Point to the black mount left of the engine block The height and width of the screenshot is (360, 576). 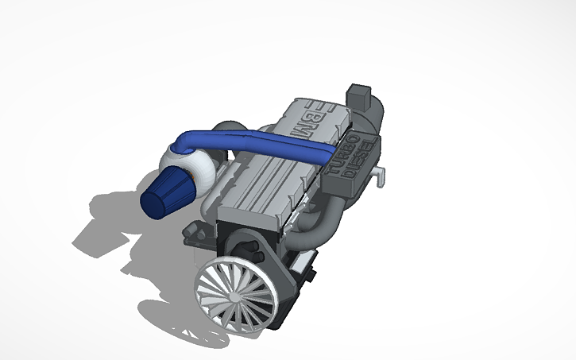point(192,234)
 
